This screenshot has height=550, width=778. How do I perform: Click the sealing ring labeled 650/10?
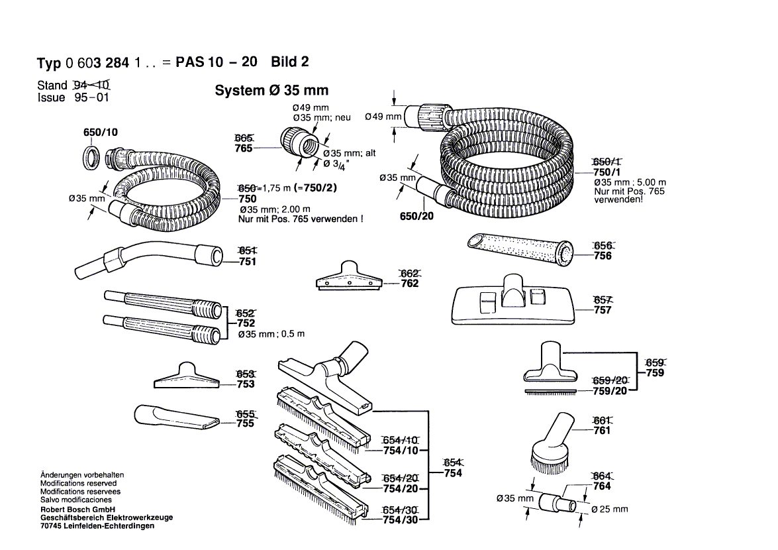tap(92, 157)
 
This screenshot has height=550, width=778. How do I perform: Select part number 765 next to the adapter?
tap(244, 148)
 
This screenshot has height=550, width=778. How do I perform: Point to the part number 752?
tap(246, 323)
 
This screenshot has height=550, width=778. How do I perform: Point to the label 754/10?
tap(401, 452)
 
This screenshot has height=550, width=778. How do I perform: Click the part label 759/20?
tap(610, 391)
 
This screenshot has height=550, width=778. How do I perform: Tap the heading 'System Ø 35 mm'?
tap(271, 91)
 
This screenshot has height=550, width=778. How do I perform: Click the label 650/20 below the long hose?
tap(416, 216)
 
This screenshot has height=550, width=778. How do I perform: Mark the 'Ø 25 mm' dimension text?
tap(609, 510)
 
